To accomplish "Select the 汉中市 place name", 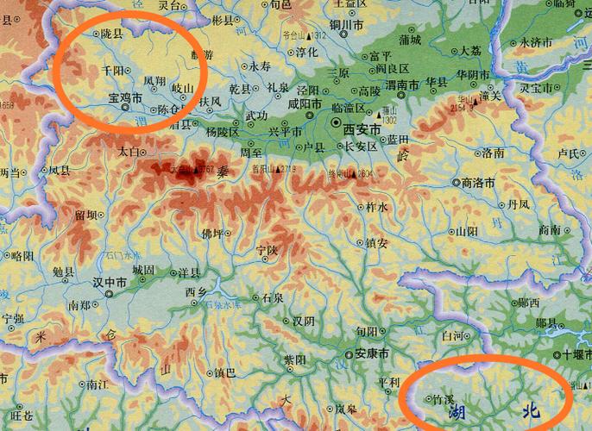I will [110, 283].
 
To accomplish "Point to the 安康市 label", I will [373, 353].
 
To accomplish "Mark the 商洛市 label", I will [478, 183].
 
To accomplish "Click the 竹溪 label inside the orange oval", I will [443, 400].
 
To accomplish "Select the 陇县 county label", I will [111, 34].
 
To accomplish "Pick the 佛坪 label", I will [211, 234].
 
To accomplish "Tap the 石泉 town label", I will [273, 297].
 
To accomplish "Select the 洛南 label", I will [493, 153].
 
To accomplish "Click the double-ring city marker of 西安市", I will [335, 129].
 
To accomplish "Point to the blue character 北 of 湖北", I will [531, 412].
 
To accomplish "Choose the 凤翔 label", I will [154, 81].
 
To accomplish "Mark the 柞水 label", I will [377, 207].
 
